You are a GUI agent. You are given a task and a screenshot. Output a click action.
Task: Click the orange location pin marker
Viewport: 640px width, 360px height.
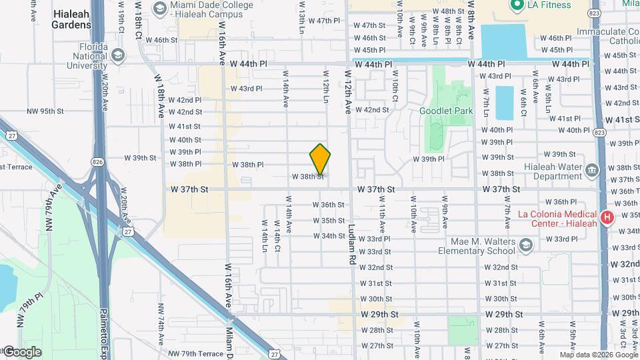point(320,159)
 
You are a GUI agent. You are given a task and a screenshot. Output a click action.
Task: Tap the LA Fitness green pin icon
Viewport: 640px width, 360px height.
point(515,6)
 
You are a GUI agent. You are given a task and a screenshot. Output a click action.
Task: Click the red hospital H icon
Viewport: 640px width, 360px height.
point(607,217)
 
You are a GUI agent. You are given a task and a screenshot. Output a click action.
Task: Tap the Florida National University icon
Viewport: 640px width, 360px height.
point(118,55)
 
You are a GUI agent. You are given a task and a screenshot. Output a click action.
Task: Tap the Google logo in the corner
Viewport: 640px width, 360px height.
point(21,352)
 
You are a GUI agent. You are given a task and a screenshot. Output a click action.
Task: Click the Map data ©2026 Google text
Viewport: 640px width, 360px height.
point(599,355)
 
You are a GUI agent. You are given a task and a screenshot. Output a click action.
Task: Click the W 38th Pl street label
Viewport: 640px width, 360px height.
point(247,164)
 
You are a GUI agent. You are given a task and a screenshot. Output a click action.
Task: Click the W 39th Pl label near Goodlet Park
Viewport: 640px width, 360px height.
point(428,159)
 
